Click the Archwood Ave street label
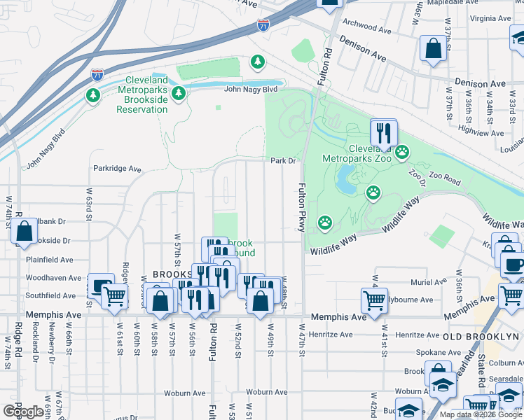pyautogui.click(x=367, y=30)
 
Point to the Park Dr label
pyautogui.click(x=284, y=160)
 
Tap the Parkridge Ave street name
pyautogui.click(x=118, y=169)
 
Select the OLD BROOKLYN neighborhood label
pyautogui.click(x=483, y=337)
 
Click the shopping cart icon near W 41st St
pyautogui.click(x=375, y=300)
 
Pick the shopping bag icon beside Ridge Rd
pyautogui.click(x=25, y=232)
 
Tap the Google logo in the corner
pyautogui.click(x=22, y=412)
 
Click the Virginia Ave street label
pyautogui.click(x=490, y=18)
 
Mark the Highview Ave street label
pyautogui.click(x=481, y=132)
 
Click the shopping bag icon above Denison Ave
pyautogui.click(x=434, y=49)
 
